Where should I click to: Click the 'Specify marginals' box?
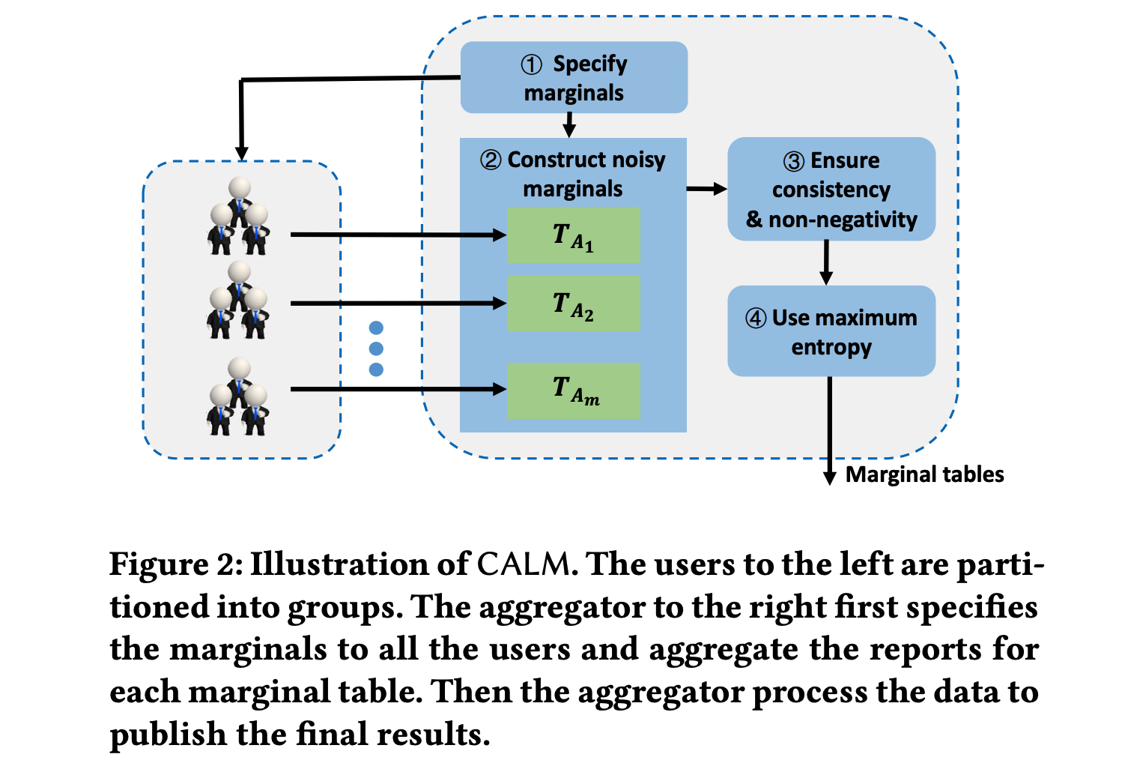coord(574,78)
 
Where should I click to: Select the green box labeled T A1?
coord(574,235)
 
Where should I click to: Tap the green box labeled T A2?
coord(574,304)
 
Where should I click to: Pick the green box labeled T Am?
coord(574,390)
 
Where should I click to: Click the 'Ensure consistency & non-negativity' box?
coord(831,189)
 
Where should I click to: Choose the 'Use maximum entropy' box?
coord(831,331)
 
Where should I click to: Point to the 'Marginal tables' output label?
coord(924,474)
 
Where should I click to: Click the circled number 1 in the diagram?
coord(532,65)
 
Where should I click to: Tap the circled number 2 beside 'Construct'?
coord(491,160)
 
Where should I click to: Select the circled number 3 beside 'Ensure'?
coord(794,161)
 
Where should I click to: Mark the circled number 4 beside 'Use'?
coord(756,319)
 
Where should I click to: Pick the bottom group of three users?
coord(239,396)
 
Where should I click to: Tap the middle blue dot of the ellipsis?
coord(376,349)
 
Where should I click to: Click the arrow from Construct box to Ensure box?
coord(706,189)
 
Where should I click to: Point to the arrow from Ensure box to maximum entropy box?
coord(826,262)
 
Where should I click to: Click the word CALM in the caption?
coord(524,564)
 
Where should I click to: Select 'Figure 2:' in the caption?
coord(176,564)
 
